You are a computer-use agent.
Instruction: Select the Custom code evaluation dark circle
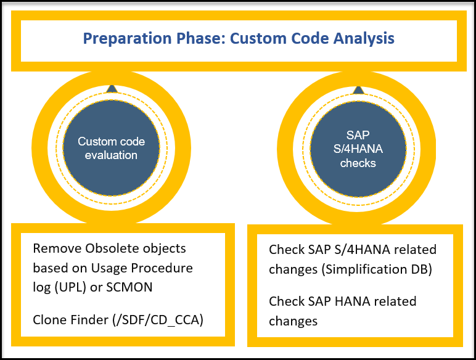pyautogui.click(x=112, y=149)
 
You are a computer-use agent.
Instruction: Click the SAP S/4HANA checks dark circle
pyautogui.click(x=358, y=149)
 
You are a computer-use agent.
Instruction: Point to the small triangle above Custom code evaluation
pyautogui.click(x=112, y=89)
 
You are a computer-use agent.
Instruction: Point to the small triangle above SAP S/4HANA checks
pyautogui.click(x=358, y=89)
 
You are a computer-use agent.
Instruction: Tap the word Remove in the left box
pyautogui.click(x=53, y=249)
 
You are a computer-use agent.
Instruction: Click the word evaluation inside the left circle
pyautogui.click(x=112, y=155)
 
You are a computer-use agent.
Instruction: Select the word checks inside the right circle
pyautogui.click(x=358, y=163)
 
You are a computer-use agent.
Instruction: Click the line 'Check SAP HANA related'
pyautogui.click(x=343, y=301)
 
